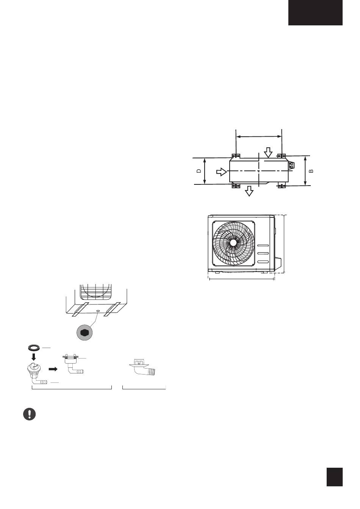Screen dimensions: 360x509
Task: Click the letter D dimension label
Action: [199, 171]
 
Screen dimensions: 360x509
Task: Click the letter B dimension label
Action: [311, 171]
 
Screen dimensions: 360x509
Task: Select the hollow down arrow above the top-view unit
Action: [269, 153]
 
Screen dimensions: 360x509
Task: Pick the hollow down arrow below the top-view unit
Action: [249, 191]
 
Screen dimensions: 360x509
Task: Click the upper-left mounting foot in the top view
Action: [236, 156]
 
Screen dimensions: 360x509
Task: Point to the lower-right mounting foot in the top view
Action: [282, 186]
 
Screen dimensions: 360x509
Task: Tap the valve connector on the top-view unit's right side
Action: [291, 165]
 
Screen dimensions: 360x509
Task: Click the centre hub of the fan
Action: [233, 243]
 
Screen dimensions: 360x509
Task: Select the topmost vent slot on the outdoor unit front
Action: [263, 246]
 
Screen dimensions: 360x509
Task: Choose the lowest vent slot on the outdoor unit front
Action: [263, 262]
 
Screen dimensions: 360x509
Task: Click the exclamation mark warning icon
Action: [29, 414]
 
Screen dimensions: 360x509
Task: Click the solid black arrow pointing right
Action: [53, 369]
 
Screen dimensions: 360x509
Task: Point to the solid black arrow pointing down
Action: [34, 358]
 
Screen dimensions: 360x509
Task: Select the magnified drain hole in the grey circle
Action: [85, 333]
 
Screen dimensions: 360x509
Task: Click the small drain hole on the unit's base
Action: [98, 311]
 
